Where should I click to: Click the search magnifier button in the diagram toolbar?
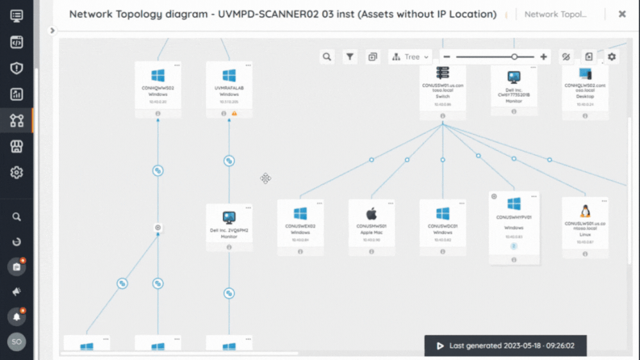(x=327, y=57)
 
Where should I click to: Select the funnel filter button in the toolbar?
(x=350, y=57)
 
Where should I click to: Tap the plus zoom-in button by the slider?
(x=543, y=57)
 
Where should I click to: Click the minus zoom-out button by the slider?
(x=447, y=57)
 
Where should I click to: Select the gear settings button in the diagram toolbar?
(x=612, y=57)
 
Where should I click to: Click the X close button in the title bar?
(x=621, y=13)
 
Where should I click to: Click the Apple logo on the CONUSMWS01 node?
(x=372, y=213)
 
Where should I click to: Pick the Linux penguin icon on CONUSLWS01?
(x=585, y=211)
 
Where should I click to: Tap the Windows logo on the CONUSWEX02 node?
(x=300, y=213)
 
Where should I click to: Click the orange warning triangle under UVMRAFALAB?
(x=234, y=113)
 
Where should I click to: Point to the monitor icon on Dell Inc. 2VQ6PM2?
(x=229, y=218)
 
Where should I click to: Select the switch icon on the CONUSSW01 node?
(x=443, y=73)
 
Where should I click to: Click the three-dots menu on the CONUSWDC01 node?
(x=462, y=204)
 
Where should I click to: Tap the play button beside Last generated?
(x=440, y=346)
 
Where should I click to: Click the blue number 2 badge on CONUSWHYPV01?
(x=514, y=246)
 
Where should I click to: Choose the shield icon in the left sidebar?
(x=17, y=68)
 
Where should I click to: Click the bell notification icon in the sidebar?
(x=17, y=316)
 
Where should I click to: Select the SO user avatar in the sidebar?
(x=17, y=342)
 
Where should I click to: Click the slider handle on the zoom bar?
(x=514, y=57)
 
